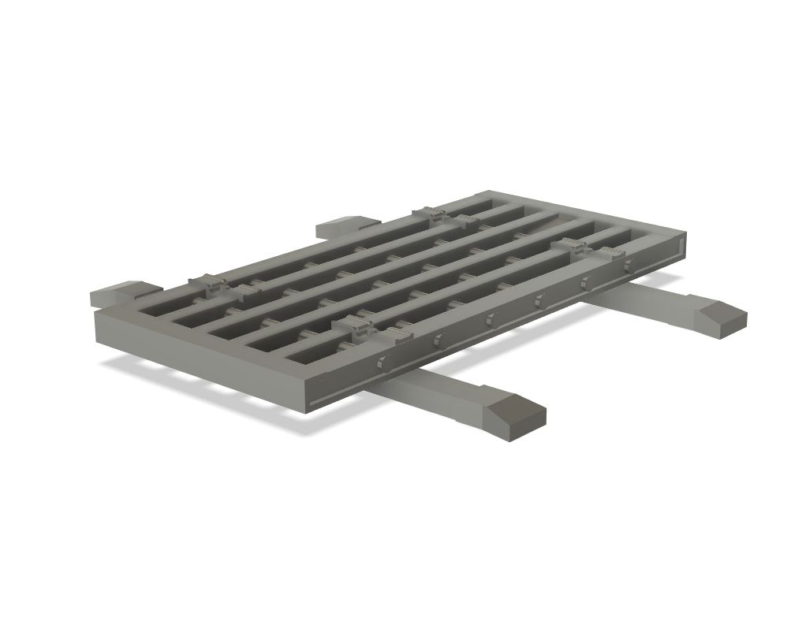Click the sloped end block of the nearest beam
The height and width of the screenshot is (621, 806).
pyautogui.click(x=517, y=414)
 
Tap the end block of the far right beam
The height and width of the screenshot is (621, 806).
pyautogui.click(x=719, y=314)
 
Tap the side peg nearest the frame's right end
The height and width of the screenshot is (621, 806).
pyautogui.click(x=629, y=266)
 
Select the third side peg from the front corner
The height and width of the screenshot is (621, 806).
pyautogui.click(x=489, y=319)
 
